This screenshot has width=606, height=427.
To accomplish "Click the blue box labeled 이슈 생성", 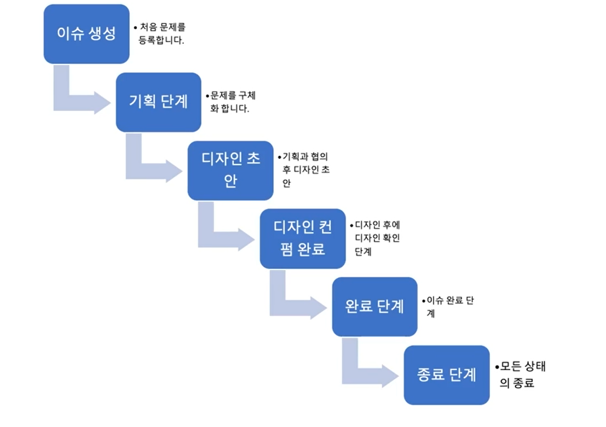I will point(86,34).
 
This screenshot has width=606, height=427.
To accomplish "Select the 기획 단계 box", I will point(158,102).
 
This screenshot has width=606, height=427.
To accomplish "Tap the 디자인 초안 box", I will point(230,171).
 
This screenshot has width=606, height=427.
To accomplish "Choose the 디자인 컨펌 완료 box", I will point(302,238).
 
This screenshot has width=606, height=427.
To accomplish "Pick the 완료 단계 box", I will point(374,307).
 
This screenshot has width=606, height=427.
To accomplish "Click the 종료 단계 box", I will point(446,375).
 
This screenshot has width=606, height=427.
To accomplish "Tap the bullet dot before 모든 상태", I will point(497,367).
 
